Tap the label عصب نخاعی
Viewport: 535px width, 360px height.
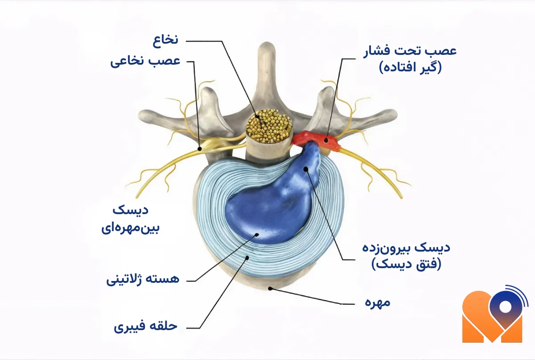145,61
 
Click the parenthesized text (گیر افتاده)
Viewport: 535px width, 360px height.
410,68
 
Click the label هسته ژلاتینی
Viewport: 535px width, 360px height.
143,280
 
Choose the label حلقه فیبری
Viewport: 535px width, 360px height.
146,326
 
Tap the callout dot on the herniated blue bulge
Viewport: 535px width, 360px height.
305,169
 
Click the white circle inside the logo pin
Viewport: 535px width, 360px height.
506,307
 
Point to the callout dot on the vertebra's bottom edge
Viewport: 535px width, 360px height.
270,289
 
